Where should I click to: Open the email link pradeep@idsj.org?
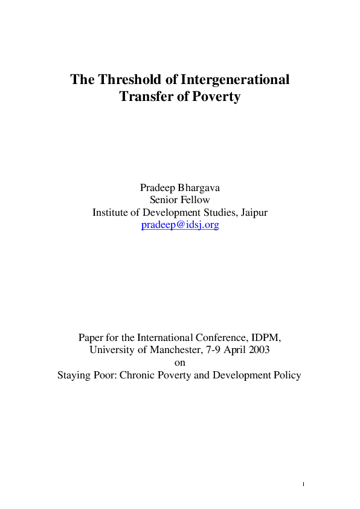coord(180,225)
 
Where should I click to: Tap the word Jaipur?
coord(254,213)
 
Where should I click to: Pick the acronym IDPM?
coord(266,338)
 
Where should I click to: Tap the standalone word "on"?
coord(180,363)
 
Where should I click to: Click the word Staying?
coord(74,375)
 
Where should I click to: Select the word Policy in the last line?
coord(286,375)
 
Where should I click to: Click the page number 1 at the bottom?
coord(303,485)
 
